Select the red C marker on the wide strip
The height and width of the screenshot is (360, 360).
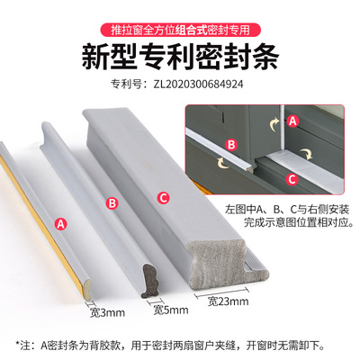click(162, 197)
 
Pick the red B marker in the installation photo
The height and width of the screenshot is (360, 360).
click(230, 144)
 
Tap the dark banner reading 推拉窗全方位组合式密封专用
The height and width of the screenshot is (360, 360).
click(180, 16)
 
